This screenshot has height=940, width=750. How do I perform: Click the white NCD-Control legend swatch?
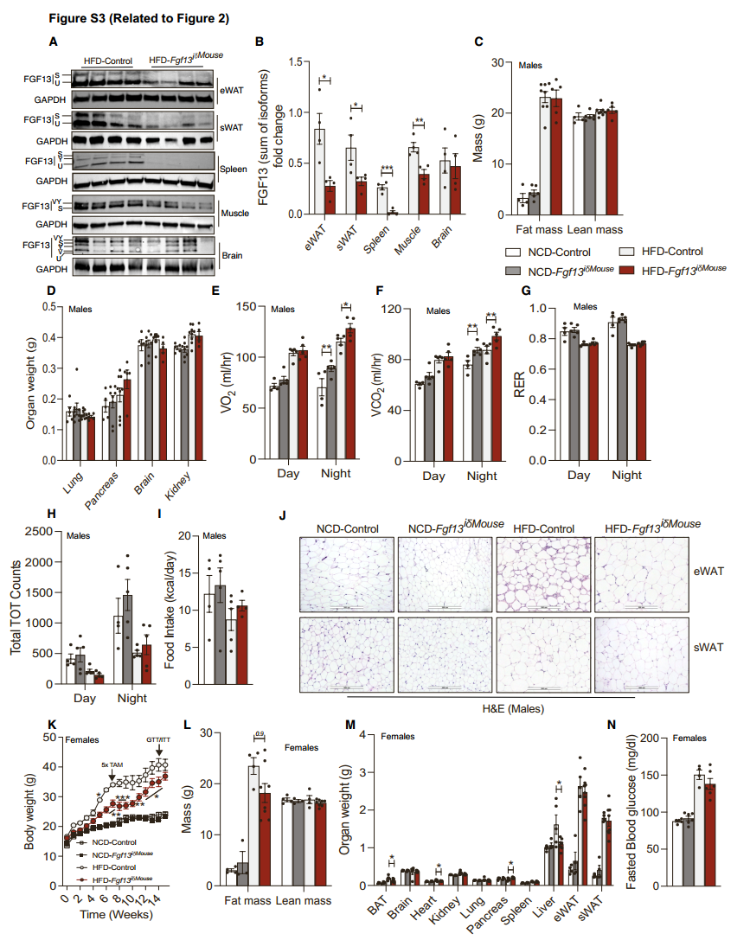click(x=512, y=252)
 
